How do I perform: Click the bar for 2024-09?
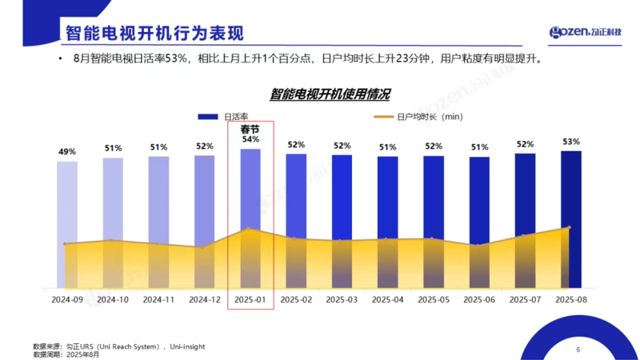coord(67,224)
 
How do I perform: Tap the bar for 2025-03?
coord(342,221)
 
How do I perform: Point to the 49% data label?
coord(67,152)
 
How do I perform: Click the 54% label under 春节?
coord(250,139)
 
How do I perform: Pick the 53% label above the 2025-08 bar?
coord(570,142)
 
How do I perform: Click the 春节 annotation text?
coord(250,129)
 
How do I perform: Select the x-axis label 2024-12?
coord(204,299)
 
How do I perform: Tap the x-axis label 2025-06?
coord(479,299)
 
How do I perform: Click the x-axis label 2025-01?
coord(250,299)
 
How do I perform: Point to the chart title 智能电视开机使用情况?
coord(330,94)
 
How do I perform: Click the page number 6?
coord(578,350)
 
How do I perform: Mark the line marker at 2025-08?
coord(568,227)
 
